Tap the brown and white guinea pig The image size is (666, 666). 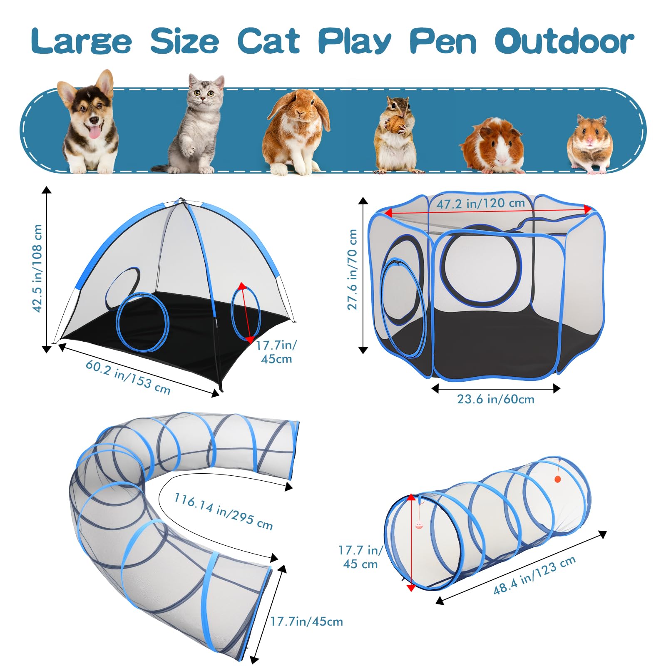[x=492, y=146]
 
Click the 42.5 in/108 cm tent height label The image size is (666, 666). [x=37, y=268]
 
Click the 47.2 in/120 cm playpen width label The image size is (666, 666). [x=480, y=203]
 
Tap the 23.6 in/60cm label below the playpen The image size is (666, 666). [x=495, y=399]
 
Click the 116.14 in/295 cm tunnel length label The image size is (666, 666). [x=223, y=512]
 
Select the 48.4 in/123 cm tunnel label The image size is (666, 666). [x=534, y=575]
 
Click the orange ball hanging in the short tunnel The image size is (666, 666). [x=558, y=479]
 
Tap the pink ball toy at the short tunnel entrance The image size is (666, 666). [x=419, y=525]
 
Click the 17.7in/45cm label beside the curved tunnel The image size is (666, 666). [x=306, y=622]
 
